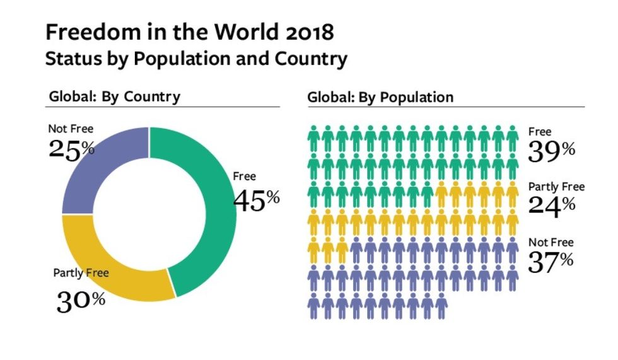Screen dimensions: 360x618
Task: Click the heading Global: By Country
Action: [114, 97]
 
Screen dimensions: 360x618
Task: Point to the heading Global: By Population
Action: [380, 98]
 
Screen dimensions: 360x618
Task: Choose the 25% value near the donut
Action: [71, 149]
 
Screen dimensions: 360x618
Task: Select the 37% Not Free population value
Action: [550, 261]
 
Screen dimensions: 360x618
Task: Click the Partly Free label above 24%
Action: [556, 187]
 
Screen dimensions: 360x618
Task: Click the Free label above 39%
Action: [540, 132]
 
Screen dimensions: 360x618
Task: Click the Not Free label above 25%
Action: [71, 129]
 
